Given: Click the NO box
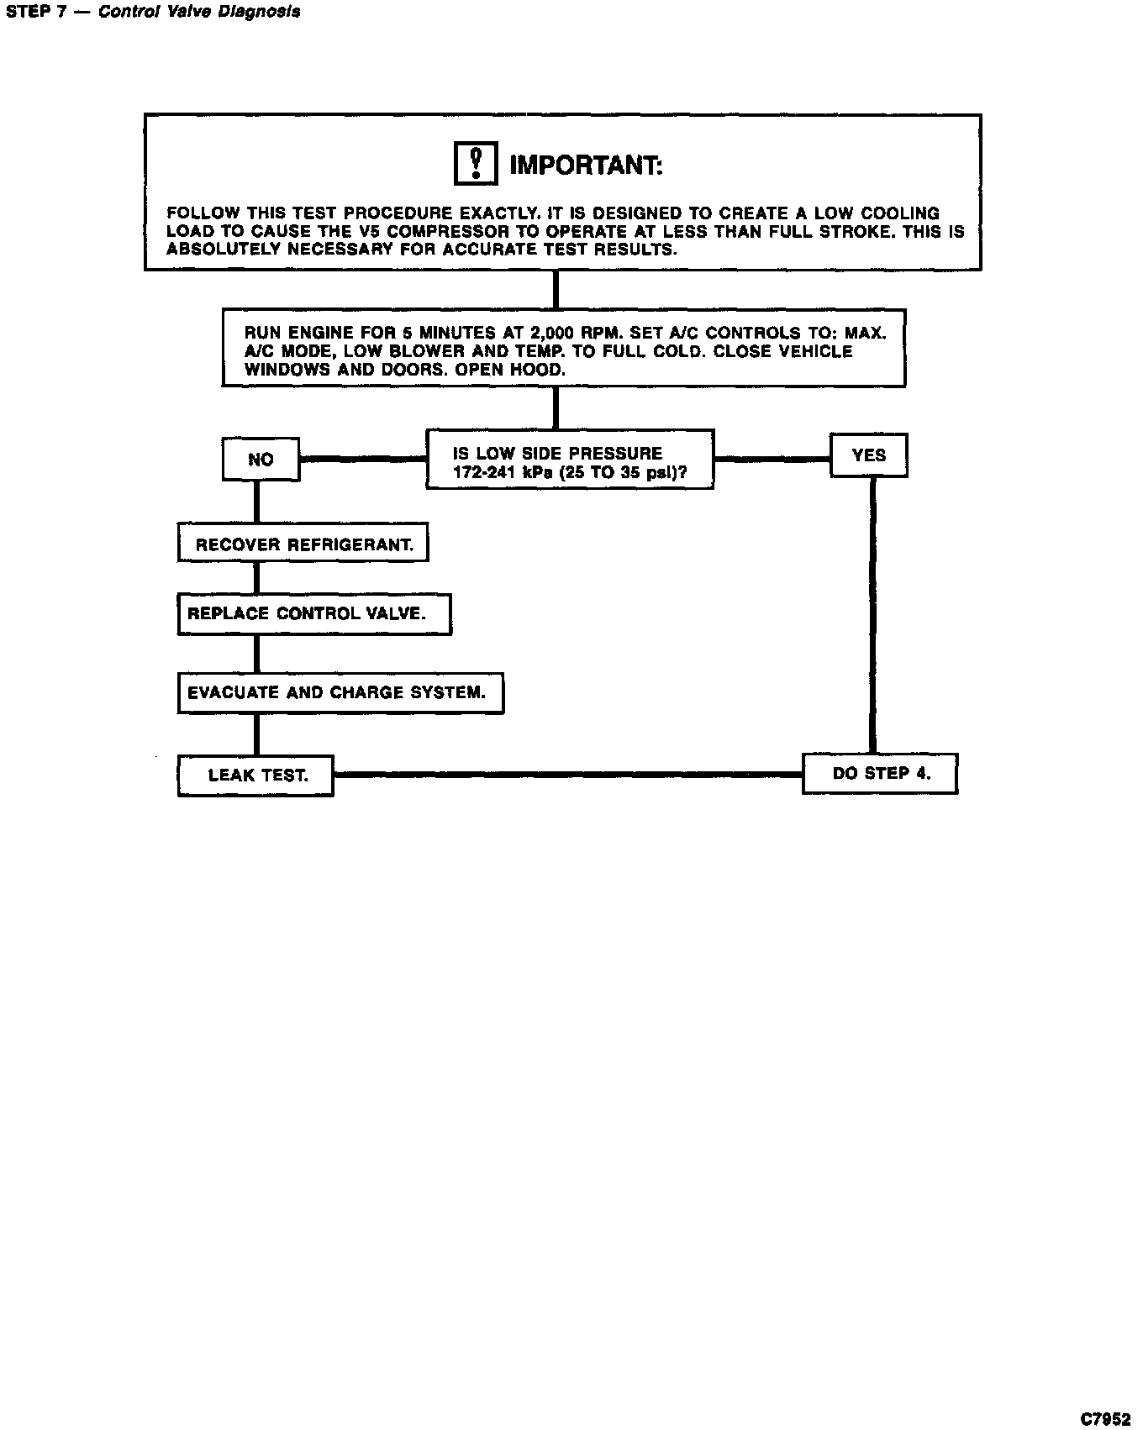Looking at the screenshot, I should point(261,460).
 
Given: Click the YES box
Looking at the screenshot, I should point(868,455).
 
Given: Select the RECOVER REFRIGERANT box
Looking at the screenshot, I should point(303,544).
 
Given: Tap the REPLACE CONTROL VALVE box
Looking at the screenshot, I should point(313,614).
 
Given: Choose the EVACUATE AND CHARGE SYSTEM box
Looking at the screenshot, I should point(340,693).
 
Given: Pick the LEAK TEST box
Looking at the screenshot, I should point(255,775).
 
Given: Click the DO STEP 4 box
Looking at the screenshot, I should point(880,774).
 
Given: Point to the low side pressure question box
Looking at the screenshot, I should point(569,460).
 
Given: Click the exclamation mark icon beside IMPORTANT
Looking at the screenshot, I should point(476,163).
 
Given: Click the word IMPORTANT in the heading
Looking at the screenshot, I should point(586,166).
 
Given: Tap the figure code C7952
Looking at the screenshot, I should point(1108,1419).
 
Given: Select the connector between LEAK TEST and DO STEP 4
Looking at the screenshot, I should point(567,775).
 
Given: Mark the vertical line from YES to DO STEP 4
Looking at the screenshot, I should point(872,613).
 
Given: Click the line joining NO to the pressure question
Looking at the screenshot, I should point(362,459).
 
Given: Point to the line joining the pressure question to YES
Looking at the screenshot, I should point(772,459).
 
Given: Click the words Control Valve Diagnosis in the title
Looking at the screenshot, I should point(199,12).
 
